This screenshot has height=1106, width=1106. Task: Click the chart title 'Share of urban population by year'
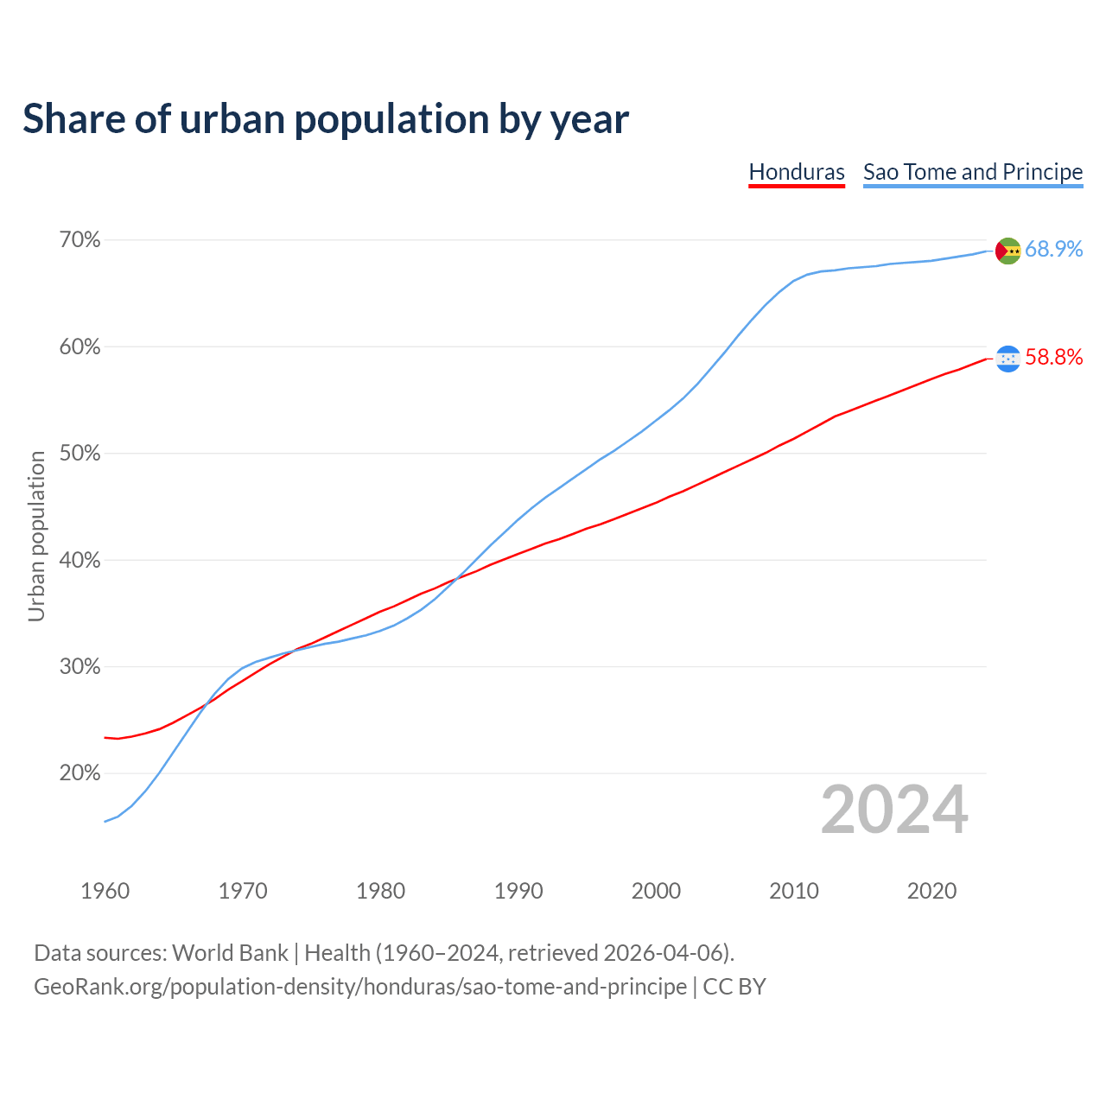[x=326, y=119]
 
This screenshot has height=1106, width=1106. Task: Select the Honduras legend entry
[x=797, y=172]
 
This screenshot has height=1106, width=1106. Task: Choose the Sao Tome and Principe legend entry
[x=973, y=172]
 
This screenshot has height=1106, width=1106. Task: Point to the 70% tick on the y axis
[x=79, y=239]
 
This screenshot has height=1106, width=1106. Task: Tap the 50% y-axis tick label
[x=79, y=453]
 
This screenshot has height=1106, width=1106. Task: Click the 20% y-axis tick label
[x=79, y=772]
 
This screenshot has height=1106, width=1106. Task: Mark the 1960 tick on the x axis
[x=105, y=891]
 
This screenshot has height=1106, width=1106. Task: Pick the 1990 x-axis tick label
[x=518, y=891]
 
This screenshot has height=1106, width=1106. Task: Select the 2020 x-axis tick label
[x=931, y=891]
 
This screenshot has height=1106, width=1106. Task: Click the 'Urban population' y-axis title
[x=36, y=536]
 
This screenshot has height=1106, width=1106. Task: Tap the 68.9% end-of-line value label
[x=1053, y=249]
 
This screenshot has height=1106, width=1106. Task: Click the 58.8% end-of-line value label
[x=1053, y=358]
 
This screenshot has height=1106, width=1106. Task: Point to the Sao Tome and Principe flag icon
[x=1008, y=251]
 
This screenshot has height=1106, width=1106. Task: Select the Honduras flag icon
[x=1008, y=359]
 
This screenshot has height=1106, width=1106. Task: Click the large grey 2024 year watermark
[x=894, y=810]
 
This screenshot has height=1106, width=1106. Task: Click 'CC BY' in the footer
[x=734, y=987]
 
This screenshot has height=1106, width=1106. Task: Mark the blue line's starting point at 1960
[x=105, y=821]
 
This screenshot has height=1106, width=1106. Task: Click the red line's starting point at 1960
[x=105, y=737]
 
